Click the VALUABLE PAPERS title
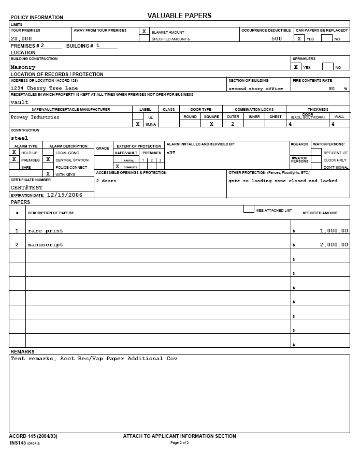[x=179, y=16]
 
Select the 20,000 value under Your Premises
[x=21, y=39]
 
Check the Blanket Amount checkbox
[x=144, y=32]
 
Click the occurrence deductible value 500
[x=277, y=39]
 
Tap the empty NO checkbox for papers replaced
[x=327, y=38]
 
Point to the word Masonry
[x=23, y=67]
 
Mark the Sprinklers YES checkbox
[x=296, y=67]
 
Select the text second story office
[x=256, y=88]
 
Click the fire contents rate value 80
[x=332, y=88]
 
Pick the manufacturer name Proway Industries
[x=35, y=117]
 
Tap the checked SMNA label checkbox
[x=137, y=124]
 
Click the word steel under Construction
[x=19, y=138]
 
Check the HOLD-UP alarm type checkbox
[x=15, y=153]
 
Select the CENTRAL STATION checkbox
[x=48, y=160]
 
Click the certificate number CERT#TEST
[x=26, y=187]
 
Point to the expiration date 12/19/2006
[x=65, y=195]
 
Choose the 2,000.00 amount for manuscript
[x=334, y=245]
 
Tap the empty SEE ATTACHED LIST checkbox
[x=249, y=209]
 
